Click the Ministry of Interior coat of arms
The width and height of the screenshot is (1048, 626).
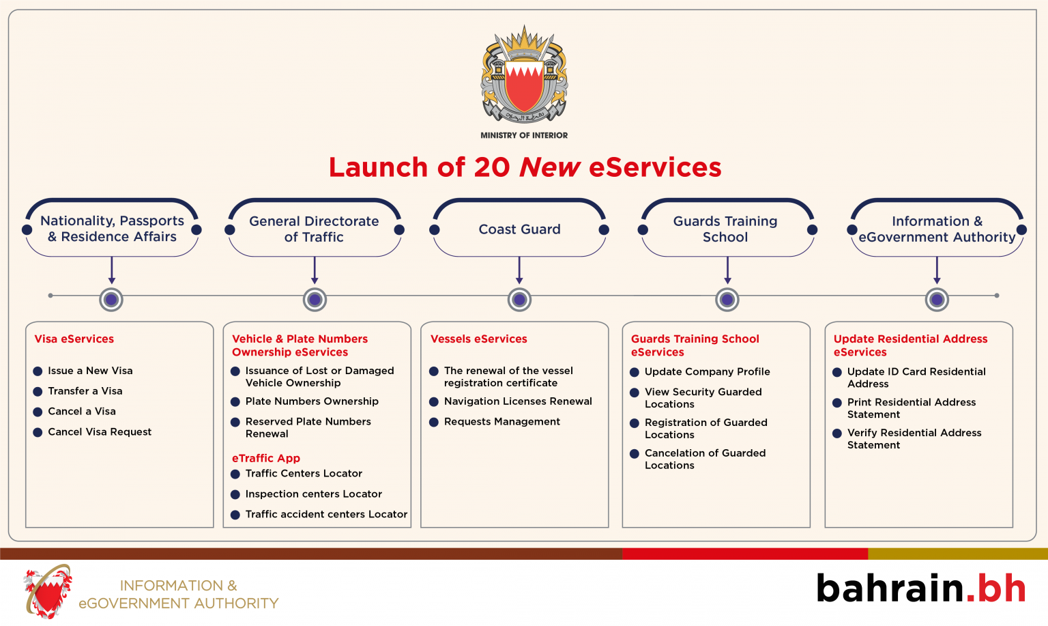524,75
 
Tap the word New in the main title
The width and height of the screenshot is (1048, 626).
550,167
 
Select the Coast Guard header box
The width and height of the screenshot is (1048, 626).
519,229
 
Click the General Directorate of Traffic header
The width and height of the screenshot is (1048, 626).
314,229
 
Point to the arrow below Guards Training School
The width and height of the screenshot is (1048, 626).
727,270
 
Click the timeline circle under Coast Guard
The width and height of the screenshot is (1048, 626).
519,299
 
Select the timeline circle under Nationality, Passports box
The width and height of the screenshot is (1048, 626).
111,299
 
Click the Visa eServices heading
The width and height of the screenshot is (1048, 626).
74,339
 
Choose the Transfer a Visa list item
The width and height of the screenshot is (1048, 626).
85,391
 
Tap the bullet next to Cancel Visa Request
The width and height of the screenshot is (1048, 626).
38,432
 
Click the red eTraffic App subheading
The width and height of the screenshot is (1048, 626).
266,458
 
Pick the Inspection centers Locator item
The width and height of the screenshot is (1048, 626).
314,494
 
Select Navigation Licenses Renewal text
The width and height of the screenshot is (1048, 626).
518,401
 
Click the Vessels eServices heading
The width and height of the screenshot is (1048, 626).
479,339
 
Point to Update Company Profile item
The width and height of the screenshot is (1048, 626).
707,372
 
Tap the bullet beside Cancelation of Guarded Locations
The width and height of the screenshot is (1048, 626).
635,454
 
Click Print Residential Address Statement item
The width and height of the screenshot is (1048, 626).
912,408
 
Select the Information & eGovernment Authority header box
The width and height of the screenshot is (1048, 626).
937,229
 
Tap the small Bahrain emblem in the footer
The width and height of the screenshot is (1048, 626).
48,591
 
